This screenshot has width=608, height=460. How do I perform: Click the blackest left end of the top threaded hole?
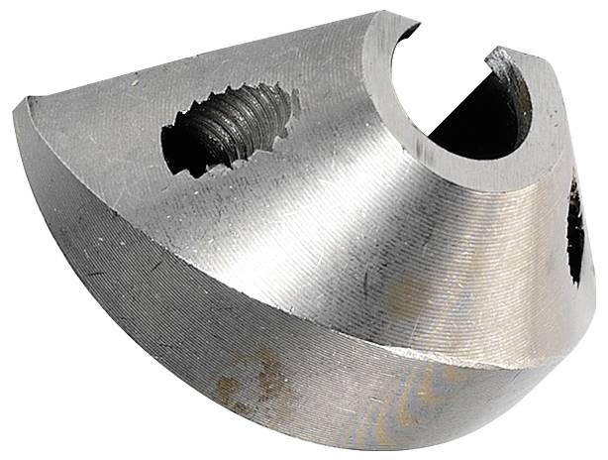tap(178, 149)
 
